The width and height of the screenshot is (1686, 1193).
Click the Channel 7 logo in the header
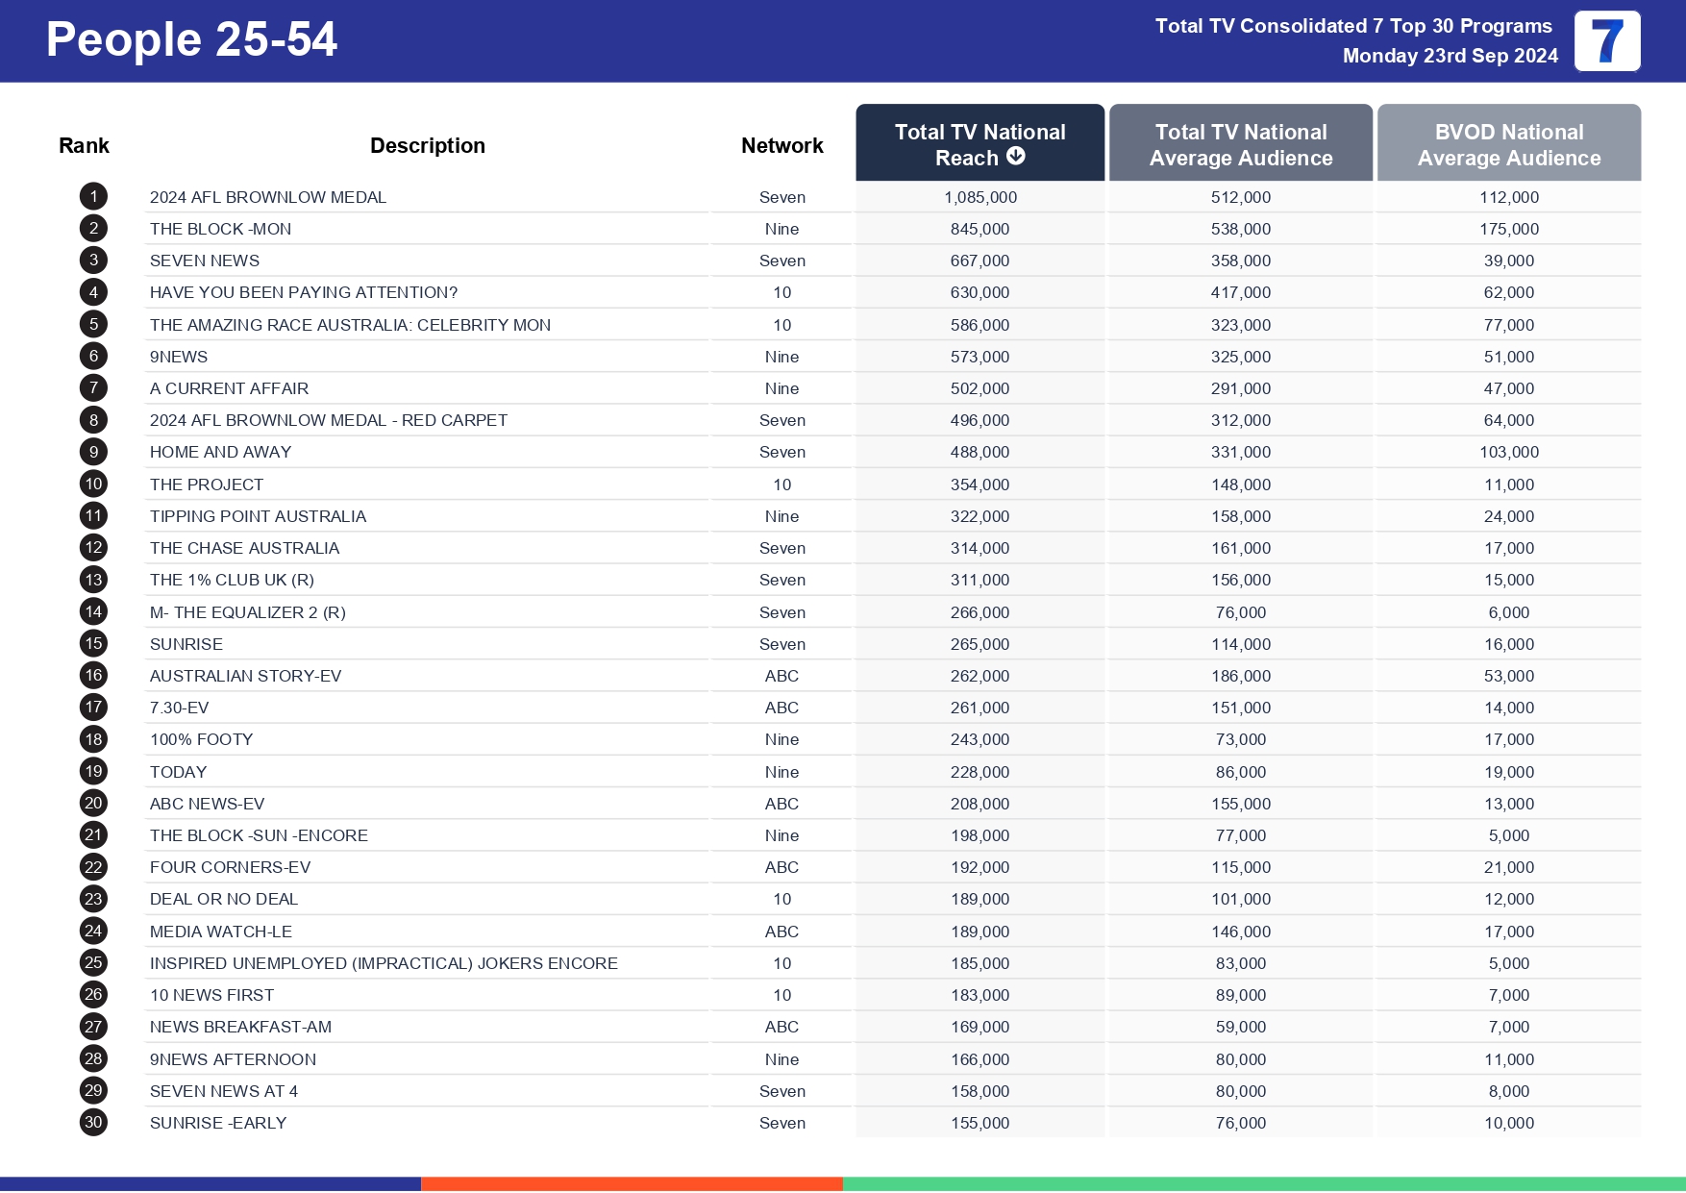point(1606,41)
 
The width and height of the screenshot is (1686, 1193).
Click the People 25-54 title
point(191,40)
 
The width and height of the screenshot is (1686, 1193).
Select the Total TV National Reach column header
point(979,143)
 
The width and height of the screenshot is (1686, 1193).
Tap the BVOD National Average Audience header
point(1508,144)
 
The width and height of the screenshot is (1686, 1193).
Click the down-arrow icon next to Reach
point(1016,157)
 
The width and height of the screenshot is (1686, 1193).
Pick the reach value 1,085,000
point(979,197)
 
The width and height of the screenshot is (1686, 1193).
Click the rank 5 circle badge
point(93,324)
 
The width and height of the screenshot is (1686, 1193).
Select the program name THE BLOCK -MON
point(220,229)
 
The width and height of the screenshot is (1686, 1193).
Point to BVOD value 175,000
point(1508,229)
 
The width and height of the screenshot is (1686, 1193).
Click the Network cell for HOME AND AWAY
point(781,452)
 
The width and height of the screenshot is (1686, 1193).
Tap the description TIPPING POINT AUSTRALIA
point(258,516)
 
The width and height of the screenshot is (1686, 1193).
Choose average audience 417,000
point(1240,292)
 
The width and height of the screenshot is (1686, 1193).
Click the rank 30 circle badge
point(93,1122)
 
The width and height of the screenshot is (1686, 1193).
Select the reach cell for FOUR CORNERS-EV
point(979,867)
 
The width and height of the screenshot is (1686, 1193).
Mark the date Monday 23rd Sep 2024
point(1450,56)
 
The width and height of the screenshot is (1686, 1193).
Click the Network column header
point(781,145)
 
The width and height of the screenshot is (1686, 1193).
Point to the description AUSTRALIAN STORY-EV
point(245,676)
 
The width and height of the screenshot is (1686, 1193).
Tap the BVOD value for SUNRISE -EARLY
point(1508,1123)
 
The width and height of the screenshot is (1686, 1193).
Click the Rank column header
point(84,145)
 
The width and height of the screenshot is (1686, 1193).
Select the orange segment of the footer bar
point(632,1183)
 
